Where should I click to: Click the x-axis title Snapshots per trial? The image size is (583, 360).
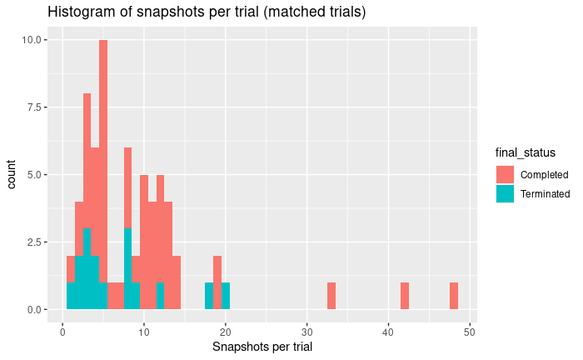click(262, 346)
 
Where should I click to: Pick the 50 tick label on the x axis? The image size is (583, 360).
click(470, 329)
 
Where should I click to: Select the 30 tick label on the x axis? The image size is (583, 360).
click(307, 329)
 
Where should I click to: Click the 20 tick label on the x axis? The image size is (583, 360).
click(226, 329)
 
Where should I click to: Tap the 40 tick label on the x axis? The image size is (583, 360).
click(388, 329)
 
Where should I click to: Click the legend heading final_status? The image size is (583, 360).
click(526, 152)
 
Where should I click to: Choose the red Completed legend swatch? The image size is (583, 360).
click(505, 174)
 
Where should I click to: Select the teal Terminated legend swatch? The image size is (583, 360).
click(505, 193)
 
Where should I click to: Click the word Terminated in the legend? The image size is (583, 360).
click(545, 194)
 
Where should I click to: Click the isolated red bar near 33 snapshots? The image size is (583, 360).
click(331, 296)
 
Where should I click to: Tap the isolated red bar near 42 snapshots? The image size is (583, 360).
click(405, 296)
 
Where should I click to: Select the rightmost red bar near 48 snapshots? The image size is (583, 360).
click(454, 296)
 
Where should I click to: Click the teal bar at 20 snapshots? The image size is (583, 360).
click(226, 296)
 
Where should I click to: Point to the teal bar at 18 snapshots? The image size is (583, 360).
click(209, 296)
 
